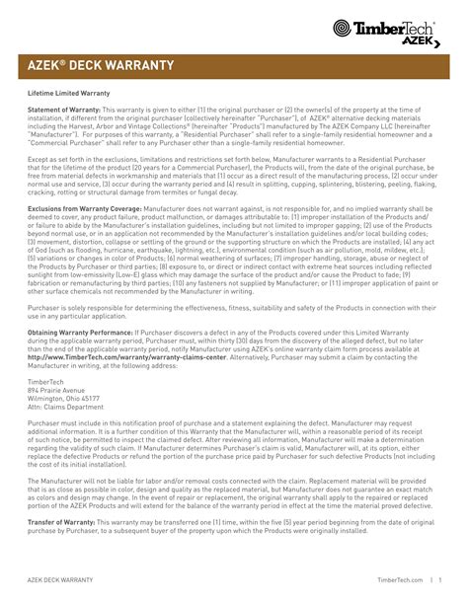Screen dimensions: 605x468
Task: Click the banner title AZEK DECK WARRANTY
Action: [x=100, y=65]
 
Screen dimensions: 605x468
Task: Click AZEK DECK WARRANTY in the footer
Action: [x=61, y=581]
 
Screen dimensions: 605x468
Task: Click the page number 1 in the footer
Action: [x=439, y=581]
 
